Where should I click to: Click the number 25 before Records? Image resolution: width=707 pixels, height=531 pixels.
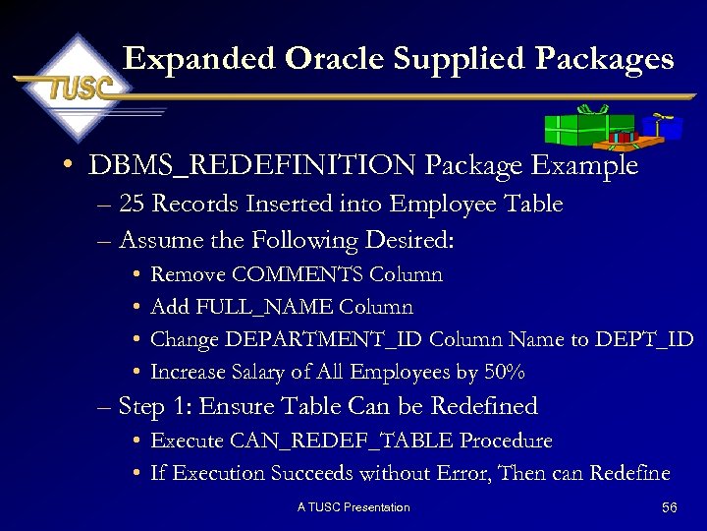pos(132,205)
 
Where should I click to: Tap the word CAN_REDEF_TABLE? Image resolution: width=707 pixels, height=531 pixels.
pos(357,441)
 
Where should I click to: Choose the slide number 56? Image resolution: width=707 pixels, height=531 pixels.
pos(670,507)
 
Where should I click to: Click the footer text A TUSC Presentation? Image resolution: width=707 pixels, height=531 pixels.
pos(353,507)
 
